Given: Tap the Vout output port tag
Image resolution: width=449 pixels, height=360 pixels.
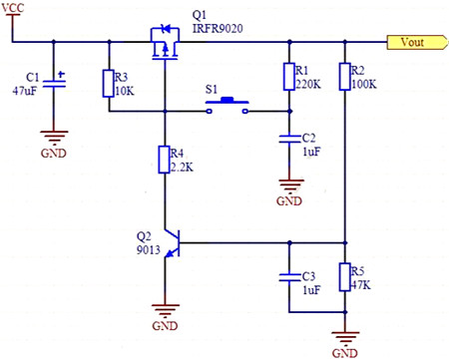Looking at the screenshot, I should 412,42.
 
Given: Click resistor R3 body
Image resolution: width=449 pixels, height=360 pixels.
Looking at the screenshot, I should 108,84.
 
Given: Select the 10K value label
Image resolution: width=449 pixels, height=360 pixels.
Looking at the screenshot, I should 126,91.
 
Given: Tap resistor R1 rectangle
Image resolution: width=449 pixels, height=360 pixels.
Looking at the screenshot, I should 288,77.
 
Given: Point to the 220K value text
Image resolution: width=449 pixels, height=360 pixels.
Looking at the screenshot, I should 308,84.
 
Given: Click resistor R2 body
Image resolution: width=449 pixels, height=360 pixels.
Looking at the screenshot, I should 344,77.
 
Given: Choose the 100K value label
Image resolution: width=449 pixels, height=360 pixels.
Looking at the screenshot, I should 364,84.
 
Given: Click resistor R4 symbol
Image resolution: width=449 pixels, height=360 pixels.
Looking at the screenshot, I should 164,159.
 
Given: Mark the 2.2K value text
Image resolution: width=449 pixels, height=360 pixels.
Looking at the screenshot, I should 184,166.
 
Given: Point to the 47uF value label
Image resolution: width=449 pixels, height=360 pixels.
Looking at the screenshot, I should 27,91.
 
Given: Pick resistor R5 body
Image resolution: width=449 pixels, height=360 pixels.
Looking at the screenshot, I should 344,276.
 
